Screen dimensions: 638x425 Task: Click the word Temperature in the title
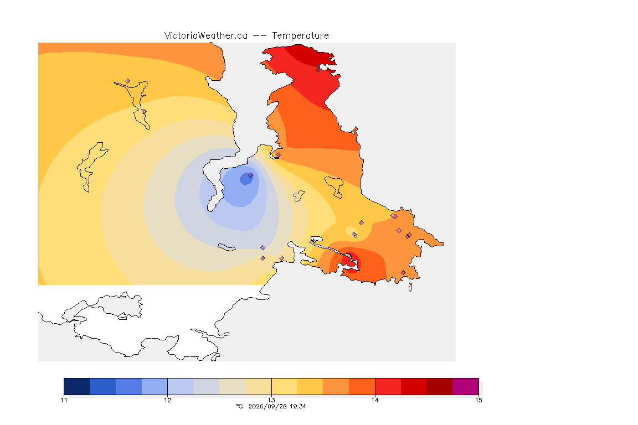(300, 36)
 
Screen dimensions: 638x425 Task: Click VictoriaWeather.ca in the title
(206, 36)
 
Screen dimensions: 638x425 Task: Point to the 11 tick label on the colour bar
(64, 400)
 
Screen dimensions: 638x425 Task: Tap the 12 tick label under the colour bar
(168, 400)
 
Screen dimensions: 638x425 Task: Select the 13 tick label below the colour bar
(271, 400)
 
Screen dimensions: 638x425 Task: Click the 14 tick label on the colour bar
(375, 400)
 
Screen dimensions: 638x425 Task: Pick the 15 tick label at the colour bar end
(478, 400)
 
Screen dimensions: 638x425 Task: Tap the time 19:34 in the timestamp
(299, 406)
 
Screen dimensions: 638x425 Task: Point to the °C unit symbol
(239, 406)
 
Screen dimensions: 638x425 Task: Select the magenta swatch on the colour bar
(465, 386)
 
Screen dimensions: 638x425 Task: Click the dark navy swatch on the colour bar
(77, 386)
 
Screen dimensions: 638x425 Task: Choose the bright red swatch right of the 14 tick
(388, 386)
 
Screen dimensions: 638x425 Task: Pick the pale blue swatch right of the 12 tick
(180, 386)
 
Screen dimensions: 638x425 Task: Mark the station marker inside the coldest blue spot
(251, 175)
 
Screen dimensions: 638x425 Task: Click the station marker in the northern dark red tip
(318, 70)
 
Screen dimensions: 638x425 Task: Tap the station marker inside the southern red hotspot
(349, 256)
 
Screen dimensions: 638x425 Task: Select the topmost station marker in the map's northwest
(128, 81)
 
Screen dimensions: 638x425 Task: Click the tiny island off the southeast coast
(410, 287)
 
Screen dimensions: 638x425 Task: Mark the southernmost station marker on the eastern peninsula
(403, 272)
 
